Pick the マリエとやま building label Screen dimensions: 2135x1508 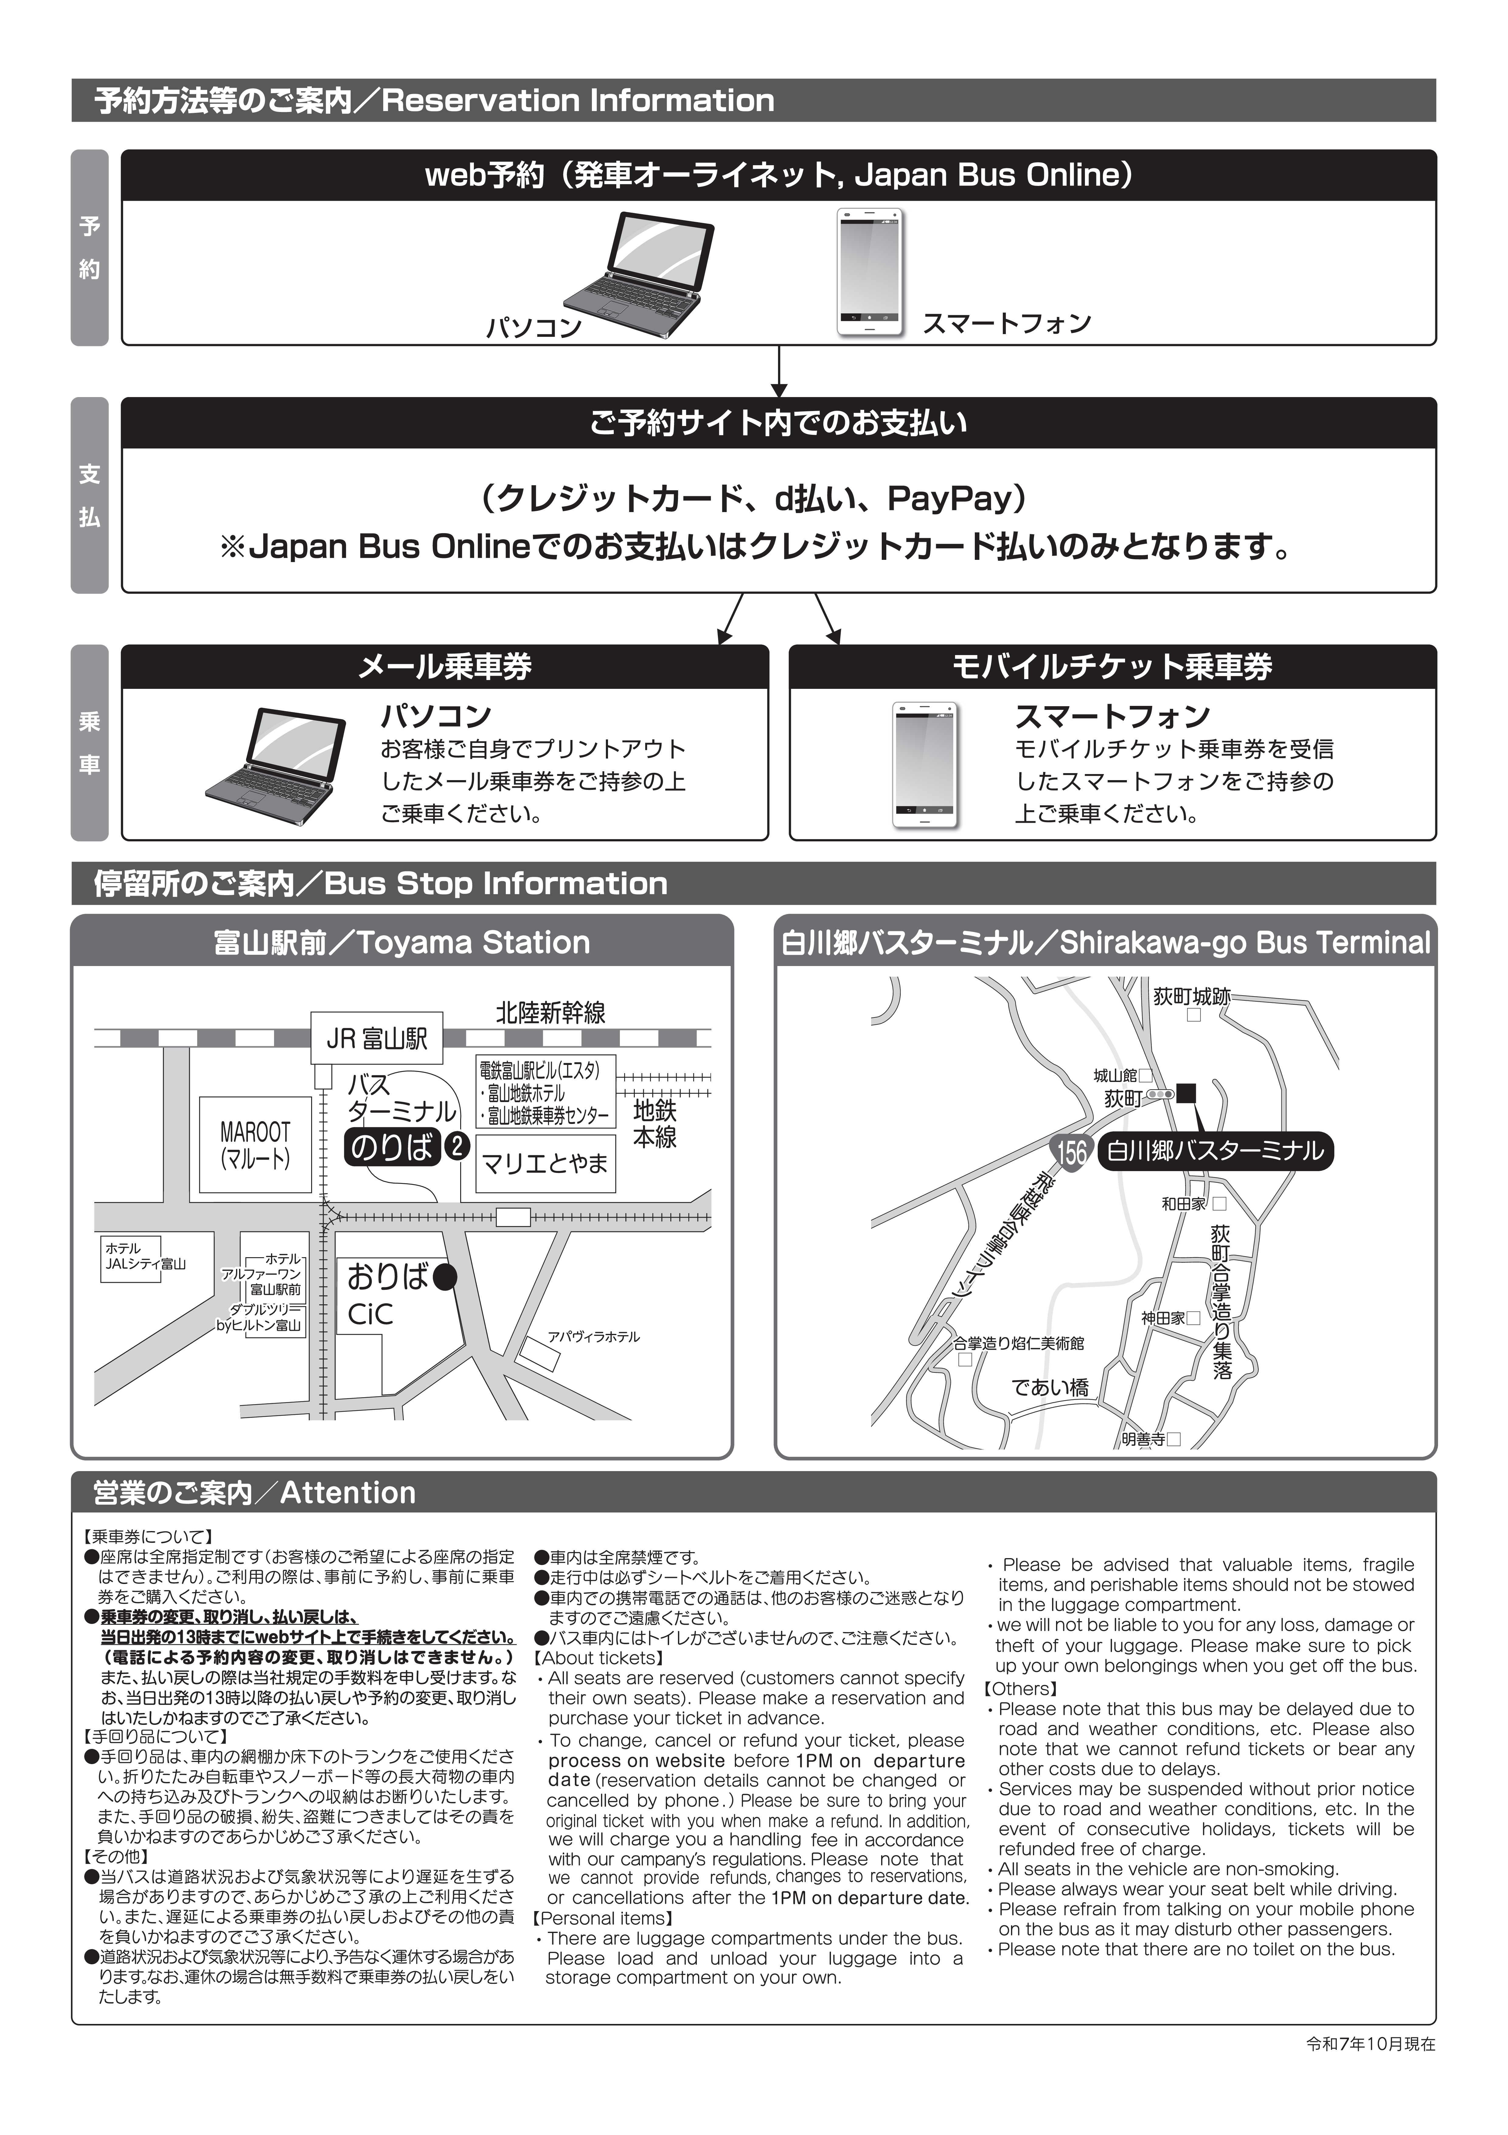(545, 1162)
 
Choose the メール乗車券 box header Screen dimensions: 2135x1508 (445, 667)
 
